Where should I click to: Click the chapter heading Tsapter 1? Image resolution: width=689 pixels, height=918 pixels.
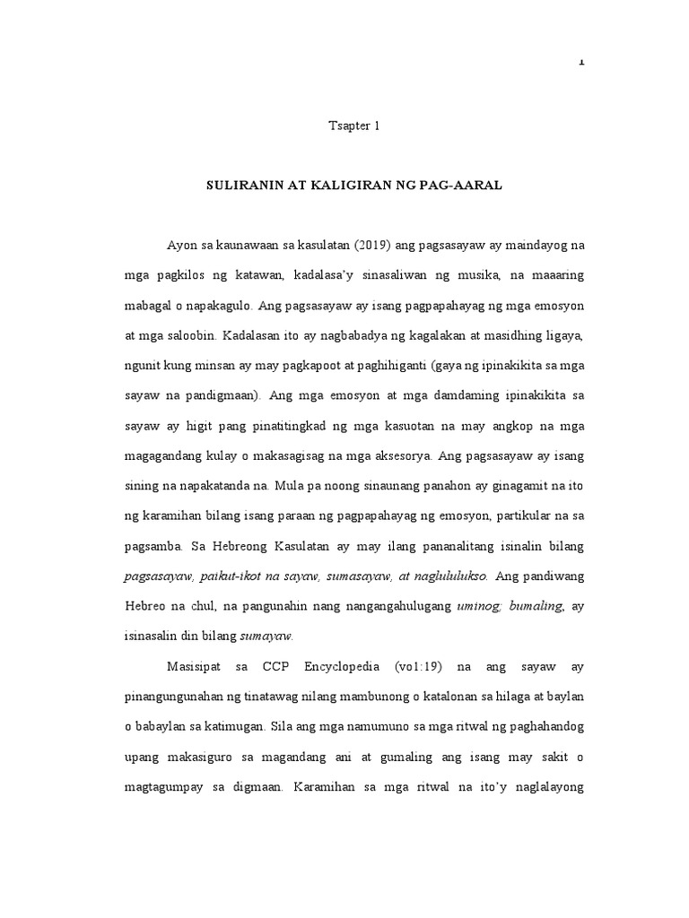point(354,126)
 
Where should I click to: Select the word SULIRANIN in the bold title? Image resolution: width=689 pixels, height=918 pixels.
point(241,186)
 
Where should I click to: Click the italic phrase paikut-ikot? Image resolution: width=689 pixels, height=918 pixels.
point(241,576)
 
